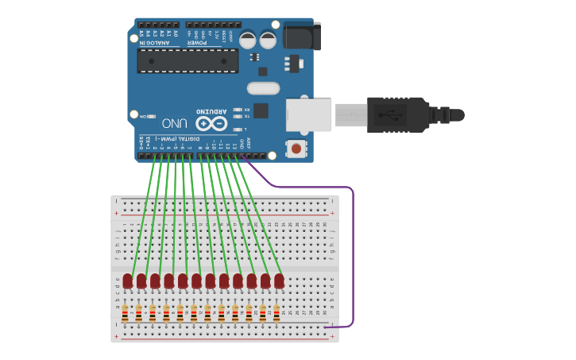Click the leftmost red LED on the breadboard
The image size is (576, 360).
(128, 281)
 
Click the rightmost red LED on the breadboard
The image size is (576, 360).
(279, 281)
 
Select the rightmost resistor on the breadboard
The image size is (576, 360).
(276, 315)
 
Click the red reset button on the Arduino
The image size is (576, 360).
(296, 148)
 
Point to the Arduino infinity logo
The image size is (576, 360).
(212, 123)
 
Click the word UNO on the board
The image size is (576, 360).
(175, 123)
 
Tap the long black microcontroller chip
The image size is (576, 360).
(187, 60)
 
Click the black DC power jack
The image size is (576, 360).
(302, 37)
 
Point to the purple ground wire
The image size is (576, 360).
(352, 254)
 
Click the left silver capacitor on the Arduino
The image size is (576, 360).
(249, 39)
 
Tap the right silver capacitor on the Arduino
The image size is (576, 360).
(268, 39)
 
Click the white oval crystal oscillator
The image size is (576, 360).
(264, 88)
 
